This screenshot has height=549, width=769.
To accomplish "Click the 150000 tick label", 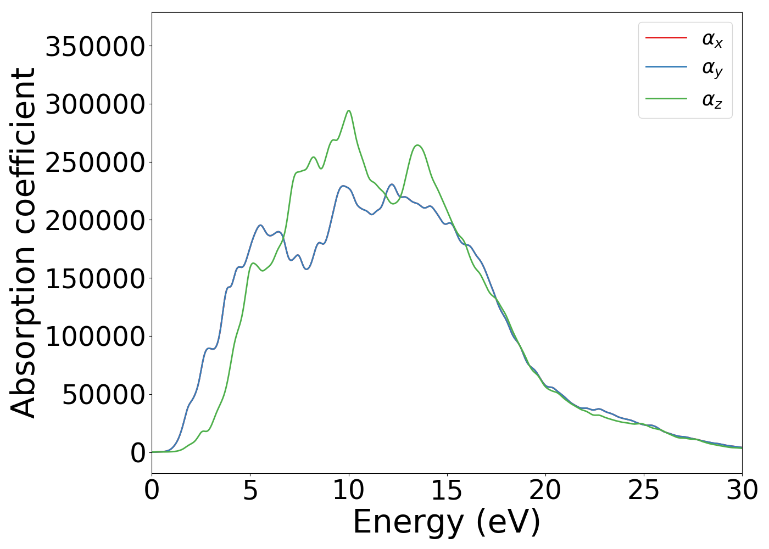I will point(95,278).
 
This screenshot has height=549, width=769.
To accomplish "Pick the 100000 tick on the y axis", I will point(95,337).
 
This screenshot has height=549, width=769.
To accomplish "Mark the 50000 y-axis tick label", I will point(103,394).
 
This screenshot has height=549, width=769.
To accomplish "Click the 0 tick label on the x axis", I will point(152,490).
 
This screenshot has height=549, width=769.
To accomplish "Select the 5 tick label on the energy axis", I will point(250,490).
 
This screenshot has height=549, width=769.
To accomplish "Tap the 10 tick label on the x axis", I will point(349,490).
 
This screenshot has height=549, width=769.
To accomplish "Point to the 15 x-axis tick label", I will point(447,490).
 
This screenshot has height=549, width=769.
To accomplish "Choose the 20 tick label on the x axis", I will point(545,490).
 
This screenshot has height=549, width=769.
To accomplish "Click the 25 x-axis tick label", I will point(644,490).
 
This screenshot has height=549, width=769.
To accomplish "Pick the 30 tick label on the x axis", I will point(742,490).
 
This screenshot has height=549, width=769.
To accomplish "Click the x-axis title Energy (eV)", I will point(447,522).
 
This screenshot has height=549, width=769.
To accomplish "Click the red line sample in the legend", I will point(666,38).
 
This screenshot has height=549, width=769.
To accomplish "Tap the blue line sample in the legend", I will point(666,68).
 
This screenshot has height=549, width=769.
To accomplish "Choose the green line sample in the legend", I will point(666,99).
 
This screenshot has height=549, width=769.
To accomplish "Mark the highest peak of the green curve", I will point(348,110).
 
